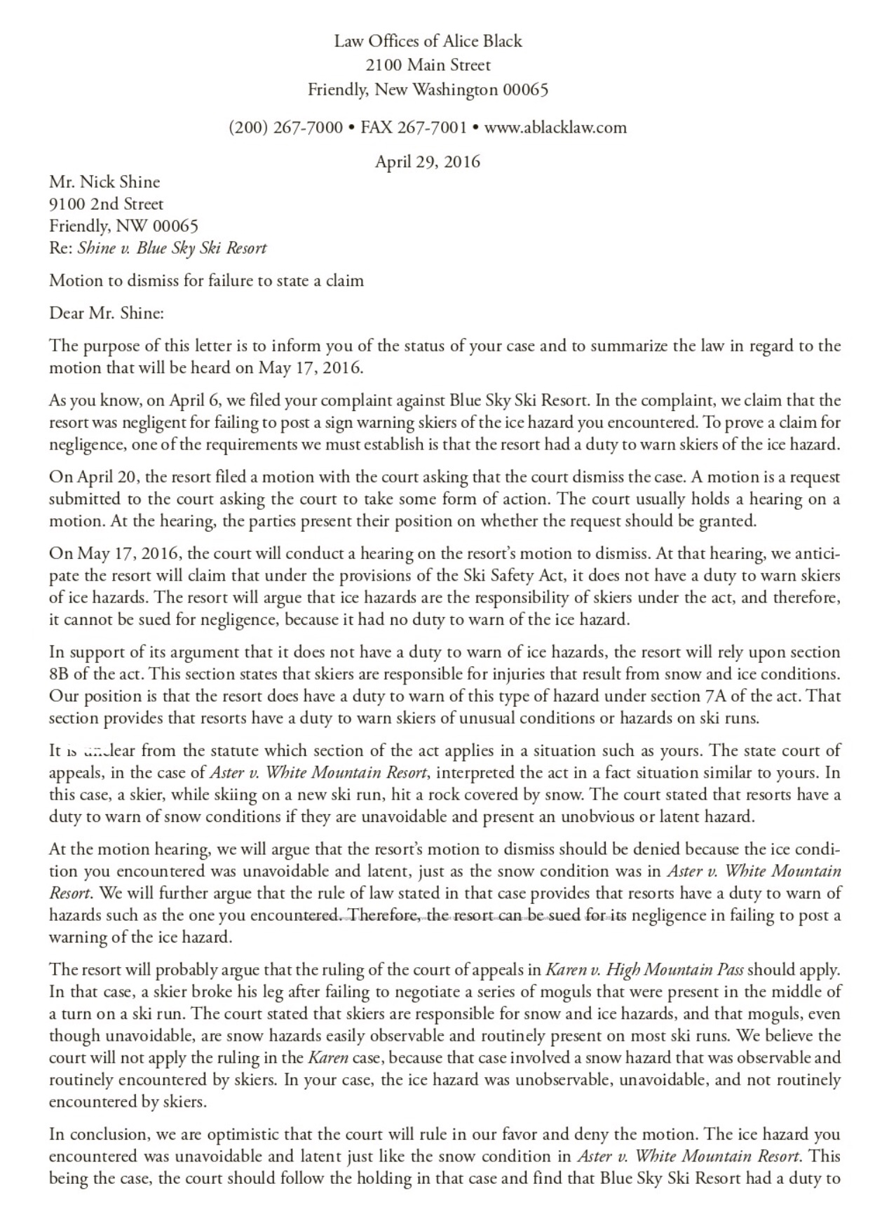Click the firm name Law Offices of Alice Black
pyautogui.click(x=428, y=41)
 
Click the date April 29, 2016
pyautogui.click(x=428, y=162)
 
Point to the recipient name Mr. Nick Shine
pyautogui.click(x=104, y=182)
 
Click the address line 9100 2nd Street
pyautogui.click(x=106, y=204)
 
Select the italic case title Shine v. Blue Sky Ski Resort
pyautogui.click(x=172, y=248)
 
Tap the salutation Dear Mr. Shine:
pyautogui.click(x=106, y=313)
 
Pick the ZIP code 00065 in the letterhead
pyautogui.click(x=524, y=90)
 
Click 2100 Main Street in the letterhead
pyautogui.click(x=428, y=65)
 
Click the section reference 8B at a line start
pyautogui.click(x=58, y=675)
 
